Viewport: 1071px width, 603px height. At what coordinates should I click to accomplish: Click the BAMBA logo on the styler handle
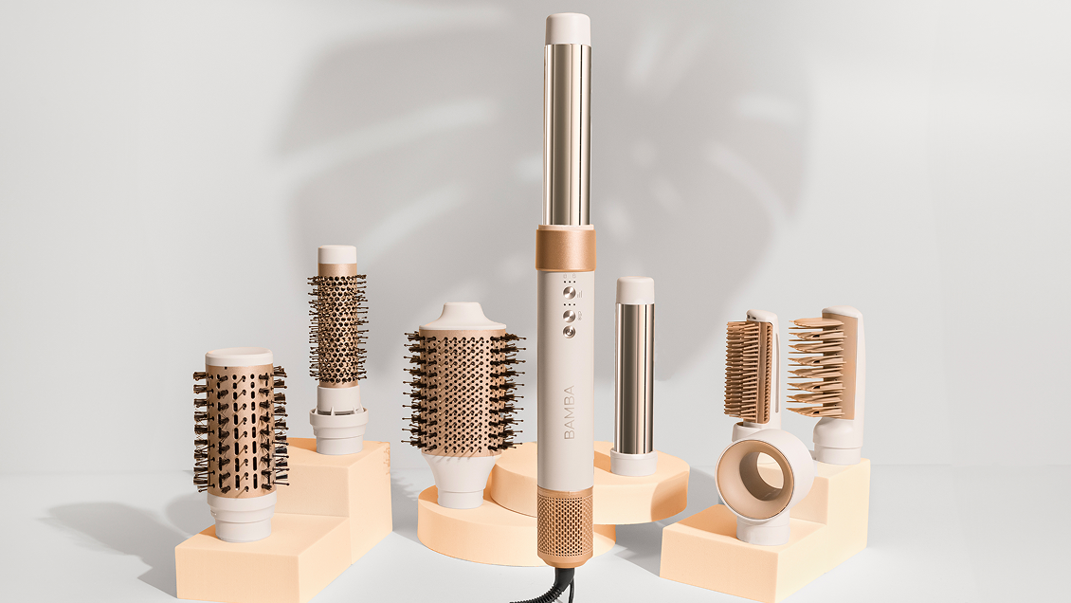pyautogui.click(x=570, y=412)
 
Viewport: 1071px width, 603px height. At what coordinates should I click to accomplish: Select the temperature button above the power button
pyautogui.click(x=568, y=316)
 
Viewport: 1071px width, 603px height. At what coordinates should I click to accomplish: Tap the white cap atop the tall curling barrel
pyautogui.click(x=568, y=28)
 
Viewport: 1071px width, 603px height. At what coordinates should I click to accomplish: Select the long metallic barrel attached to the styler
pyautogui.click(x=567, y=135)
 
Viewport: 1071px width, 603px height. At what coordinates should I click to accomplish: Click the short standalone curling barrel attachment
pyautogui.click(x=634, y=375)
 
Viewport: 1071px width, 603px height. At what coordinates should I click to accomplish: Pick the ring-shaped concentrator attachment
pyautogui.click(x=764, y=485)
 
